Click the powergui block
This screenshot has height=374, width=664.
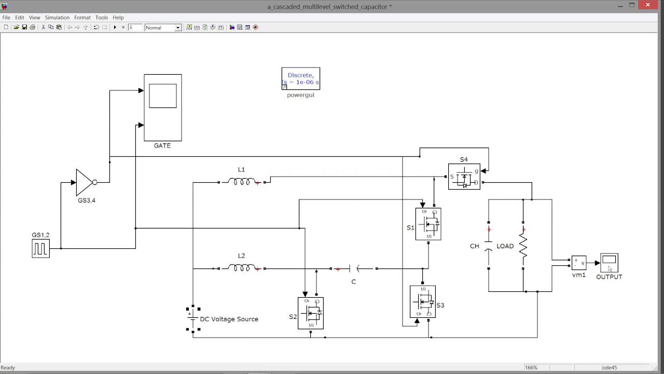(300, 78)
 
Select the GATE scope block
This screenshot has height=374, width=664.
(163, 108)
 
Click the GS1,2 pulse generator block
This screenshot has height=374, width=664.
(40, 249)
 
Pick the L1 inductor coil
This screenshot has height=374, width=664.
(241, 181)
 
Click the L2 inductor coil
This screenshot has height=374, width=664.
(241, 268)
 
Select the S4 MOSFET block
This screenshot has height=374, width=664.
(464, 177)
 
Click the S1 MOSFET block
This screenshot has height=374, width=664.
(428, 224)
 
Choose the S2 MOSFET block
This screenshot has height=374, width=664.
(311, 313)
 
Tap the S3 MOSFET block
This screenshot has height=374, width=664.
(423, 302)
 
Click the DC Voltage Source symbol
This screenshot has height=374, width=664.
(193, 319)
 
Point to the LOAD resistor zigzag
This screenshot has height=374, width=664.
(523, 246)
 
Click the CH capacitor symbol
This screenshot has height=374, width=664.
(489, 246)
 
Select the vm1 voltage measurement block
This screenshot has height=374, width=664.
(579, 263)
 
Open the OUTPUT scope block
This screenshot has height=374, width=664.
(609, 263)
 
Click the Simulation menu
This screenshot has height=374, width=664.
(57, 18)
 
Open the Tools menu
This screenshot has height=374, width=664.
(102, 18)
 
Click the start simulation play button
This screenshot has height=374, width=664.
(115, 28)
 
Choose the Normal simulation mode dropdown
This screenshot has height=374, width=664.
(163, 28)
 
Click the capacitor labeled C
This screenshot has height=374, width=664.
(354, 269)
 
